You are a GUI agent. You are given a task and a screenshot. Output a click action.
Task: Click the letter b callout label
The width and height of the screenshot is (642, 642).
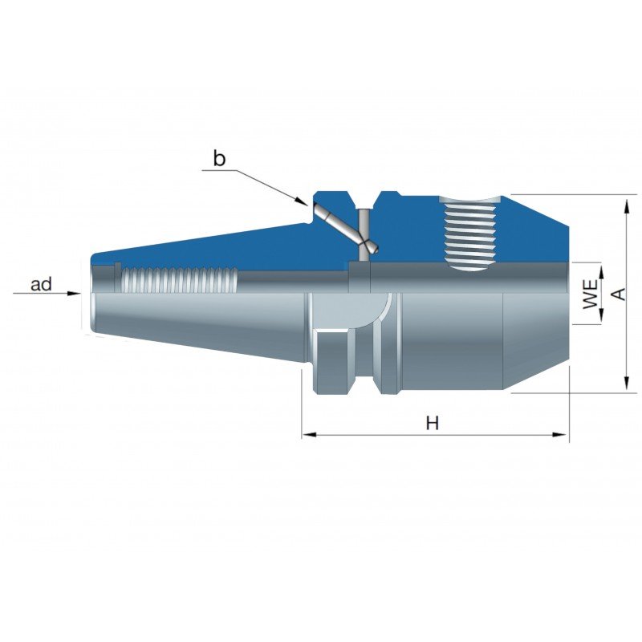click(219, 159)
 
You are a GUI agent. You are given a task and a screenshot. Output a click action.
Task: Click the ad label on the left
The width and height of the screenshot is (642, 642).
click(42, 284)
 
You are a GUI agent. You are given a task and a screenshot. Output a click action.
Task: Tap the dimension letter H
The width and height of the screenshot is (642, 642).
click(433, 423)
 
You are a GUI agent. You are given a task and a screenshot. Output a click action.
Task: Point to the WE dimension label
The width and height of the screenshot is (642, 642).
click(590, 294)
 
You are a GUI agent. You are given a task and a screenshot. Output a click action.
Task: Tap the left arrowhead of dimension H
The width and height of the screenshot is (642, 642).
click(309, 434)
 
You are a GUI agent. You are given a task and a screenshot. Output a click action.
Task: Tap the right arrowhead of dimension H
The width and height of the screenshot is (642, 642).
click(559, 434)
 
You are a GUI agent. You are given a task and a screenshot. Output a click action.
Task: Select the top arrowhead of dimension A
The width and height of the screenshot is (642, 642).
click(626, 206)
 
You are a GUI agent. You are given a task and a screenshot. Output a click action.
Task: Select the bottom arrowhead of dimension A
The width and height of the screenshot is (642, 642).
click(626, 383)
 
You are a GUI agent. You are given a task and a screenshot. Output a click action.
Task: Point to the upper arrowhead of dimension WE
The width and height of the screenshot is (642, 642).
click(601, 272)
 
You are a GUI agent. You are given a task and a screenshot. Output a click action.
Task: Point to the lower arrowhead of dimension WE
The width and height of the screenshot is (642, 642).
click(601, 315)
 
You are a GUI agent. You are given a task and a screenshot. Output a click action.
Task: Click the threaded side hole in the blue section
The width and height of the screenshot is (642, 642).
click(470, 232)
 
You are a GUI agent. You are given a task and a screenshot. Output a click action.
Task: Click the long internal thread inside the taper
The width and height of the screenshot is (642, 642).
click(180, 280)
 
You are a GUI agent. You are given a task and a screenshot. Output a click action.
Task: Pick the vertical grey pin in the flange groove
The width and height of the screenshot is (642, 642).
click(364, 234)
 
